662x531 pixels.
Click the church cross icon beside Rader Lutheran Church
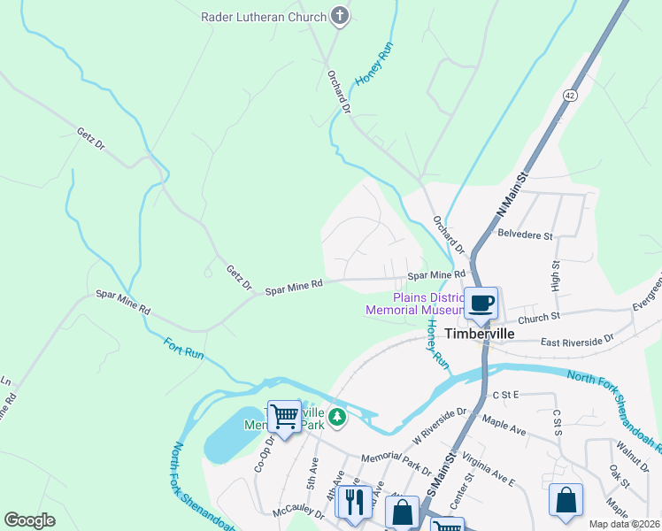(x=339, y=15)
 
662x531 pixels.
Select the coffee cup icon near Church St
(x=481, y=304)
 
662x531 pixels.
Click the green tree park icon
(x=336, y=416)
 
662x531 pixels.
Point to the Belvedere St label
(x=526, y=236)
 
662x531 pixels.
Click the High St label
(x=557, y=276)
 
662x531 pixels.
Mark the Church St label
(x=540, y=316)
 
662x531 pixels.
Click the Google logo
(x=30, y=520)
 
